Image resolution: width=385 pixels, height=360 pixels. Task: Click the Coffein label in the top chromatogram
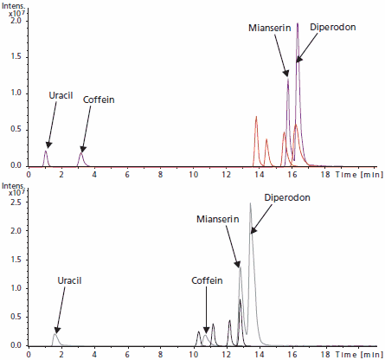(x=98, y=100)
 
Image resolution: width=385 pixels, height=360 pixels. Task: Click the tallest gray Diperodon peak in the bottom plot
(x=250, y=205)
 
